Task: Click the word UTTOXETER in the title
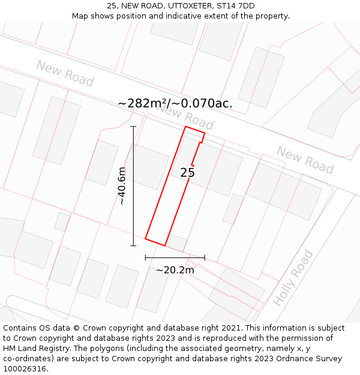pos(188,6)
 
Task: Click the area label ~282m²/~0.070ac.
pos(175,103)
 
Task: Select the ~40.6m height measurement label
pos(122,186)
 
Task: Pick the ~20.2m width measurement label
pos(175,270)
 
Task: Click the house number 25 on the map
pos(187,173)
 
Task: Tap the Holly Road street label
pos(293,278)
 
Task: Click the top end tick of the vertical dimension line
pos(133,127)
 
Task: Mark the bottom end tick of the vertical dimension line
pos(133,245)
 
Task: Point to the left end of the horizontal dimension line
pos(145,257)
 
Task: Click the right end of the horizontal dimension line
pos(205,257)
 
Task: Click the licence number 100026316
pos(25,369)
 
